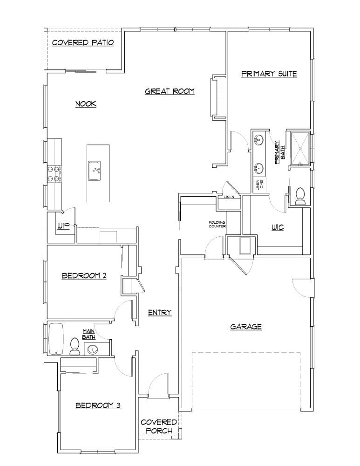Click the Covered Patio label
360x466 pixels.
tap(83, 43)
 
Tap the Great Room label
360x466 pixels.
tap(170, 91)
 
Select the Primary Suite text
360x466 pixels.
tap(269, 74)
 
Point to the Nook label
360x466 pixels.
tap(86, 104)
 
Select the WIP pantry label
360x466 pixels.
tap(63, 226)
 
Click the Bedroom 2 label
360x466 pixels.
tap(84, 276)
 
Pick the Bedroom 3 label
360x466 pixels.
tap(98, 406)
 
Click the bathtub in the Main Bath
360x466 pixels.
tap(54, 339)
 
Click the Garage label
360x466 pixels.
tap(246, 327)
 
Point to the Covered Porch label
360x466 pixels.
tap(159, 426)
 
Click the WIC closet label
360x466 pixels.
tap(278, 227)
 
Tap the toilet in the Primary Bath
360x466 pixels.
tap(299, 196)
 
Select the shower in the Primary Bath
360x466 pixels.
tap(299, 148)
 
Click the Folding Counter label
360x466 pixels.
tap(217, 225)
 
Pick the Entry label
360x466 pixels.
tap(160, 313)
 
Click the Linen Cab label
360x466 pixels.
tap(258, 185)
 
